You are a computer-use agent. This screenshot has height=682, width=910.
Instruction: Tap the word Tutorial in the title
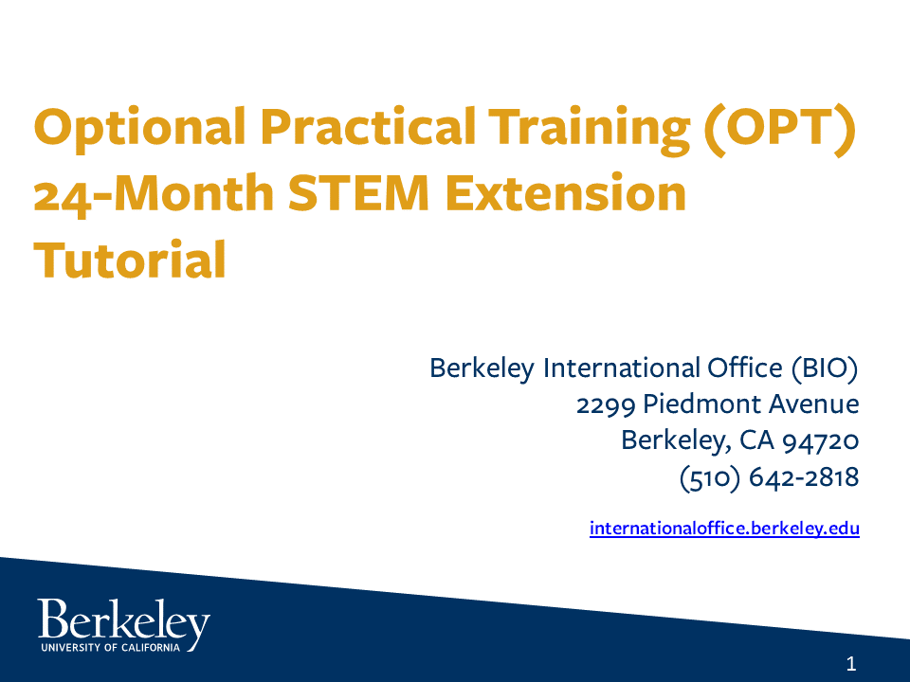coord(130,260)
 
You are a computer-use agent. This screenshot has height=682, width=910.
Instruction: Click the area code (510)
coord(710,477)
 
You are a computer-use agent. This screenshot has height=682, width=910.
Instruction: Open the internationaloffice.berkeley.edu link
coord(724,529)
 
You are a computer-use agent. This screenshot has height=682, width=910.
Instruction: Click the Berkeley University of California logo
coord(123,625)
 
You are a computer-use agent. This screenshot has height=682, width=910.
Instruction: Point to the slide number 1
coord(850,664)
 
